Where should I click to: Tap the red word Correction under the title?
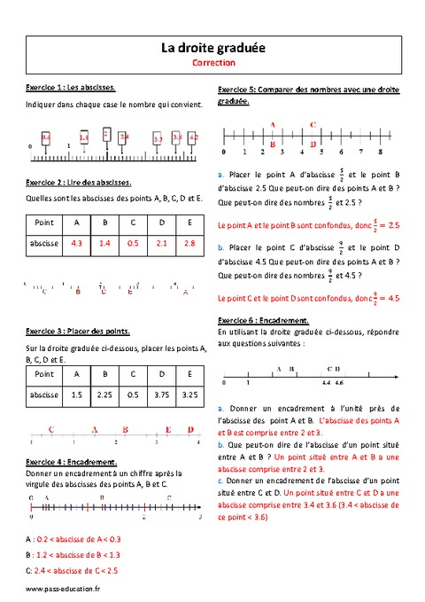212,64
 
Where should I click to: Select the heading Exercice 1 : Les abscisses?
72,89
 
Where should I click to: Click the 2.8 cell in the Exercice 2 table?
189,242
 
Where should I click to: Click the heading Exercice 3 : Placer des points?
78,331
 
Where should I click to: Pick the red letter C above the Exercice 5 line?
314,125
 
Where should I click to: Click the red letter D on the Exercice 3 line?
191,429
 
